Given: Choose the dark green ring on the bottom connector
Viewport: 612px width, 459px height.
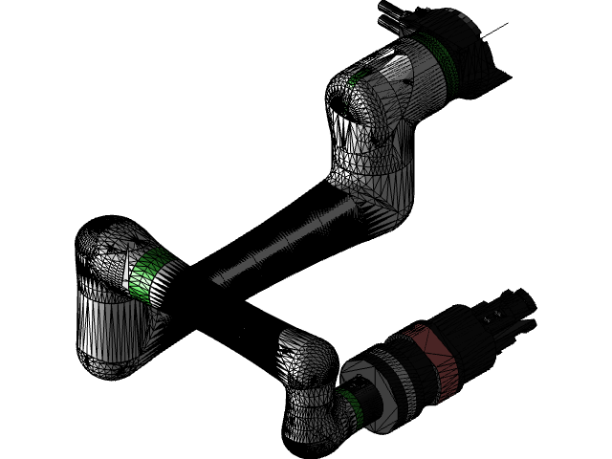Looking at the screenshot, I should (350, 406).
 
